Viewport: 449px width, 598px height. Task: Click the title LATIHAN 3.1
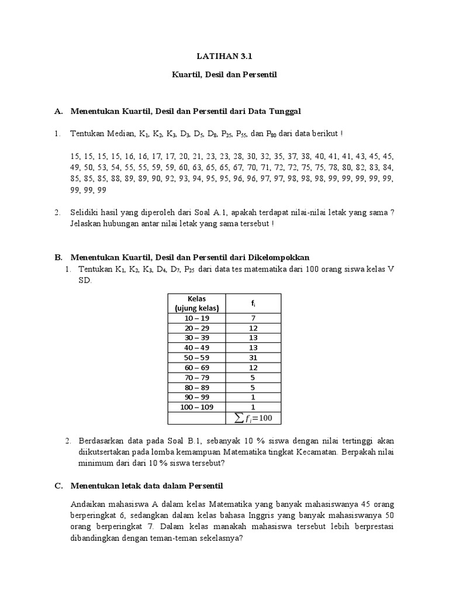click(x=224, y=57)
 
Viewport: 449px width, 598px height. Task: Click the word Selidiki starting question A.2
click(x=87, y=213)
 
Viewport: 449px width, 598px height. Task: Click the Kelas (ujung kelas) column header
click(x=196, y=303)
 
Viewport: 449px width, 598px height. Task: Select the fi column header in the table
click(x=253, y=303)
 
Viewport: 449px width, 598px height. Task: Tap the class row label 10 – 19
click(x=196, y=318)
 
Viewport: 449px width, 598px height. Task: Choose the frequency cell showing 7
click(x=253, y=318)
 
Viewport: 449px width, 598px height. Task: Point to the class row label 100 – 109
click(x=196, y=406)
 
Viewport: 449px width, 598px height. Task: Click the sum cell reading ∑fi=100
click(x=253, y=418)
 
